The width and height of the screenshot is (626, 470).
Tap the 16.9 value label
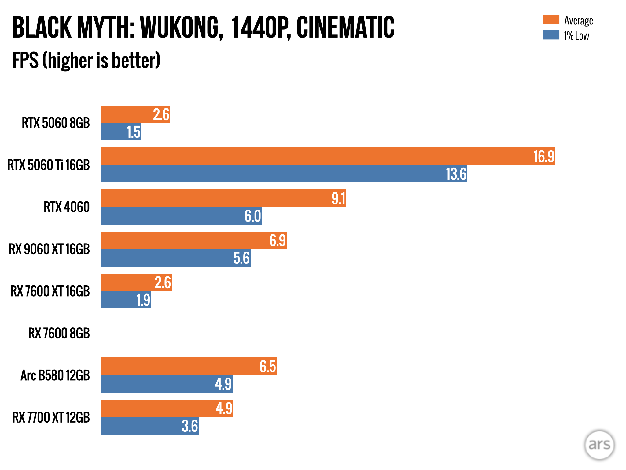tap(544, 157)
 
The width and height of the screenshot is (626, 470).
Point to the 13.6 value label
tap(456, 174)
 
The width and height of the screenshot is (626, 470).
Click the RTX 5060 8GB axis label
tap(56, 123)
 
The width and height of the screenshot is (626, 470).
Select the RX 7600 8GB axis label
tap(59, 333)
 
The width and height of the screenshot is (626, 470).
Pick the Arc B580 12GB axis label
tap(55, 375)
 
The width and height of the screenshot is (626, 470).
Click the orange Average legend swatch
tap(551, 20)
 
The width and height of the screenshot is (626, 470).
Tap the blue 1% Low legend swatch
tap(551, 35)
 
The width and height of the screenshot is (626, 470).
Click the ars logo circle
tap(599, 445)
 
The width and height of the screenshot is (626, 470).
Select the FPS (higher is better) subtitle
tap(86, 60)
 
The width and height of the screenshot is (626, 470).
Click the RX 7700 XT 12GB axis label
tap(51, 417)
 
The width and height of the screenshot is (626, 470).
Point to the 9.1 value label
tap(338, 199)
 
